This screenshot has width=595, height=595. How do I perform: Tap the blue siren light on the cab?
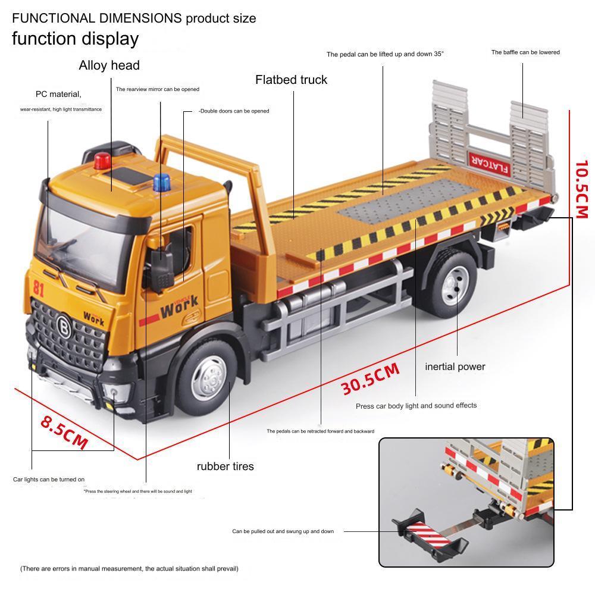click(x=161, y=183)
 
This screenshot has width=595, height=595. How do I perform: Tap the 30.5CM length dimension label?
click(x=370, y=378)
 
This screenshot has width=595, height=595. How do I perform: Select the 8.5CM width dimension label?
click(x=64, y=431)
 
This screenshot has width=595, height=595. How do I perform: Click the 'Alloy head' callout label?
click(x=109, y=65)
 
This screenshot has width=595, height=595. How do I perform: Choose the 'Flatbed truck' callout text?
click(x=291, y=80)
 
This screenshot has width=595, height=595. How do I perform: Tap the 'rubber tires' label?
click(x=225, y=466)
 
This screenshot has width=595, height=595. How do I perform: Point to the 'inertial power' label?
click(x=455, y=367)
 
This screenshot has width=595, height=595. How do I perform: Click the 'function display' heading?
click(x=75, y=39)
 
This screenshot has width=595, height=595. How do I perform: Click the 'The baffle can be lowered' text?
click(x=525, y=52)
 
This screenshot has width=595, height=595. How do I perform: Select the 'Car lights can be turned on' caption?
click(x=49, y=479)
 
